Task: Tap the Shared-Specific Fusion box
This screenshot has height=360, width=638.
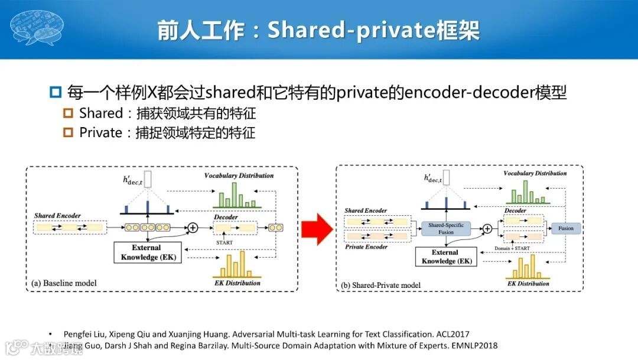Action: pyautogui.click(x=446, y=228)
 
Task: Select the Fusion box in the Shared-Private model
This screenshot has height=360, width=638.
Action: pyautogui.click(x=565, y=228)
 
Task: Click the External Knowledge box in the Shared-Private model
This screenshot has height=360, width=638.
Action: pyautogui.click(x=446, y=257)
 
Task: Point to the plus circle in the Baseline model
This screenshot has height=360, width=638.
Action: pyautogui.click(x=192, y=227)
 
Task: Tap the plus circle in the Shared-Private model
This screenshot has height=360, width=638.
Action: pyautogui.click(x=487, y=228)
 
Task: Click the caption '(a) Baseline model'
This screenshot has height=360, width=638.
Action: pyautogui.click(x=64, y=283)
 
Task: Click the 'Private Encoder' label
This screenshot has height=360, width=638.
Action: pyautogui.click(x=366, y=247)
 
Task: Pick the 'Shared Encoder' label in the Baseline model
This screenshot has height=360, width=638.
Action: pyautogui.click(x=57, y=215)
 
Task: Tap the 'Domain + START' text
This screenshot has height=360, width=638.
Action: pyautogui.click(x=511, y=248)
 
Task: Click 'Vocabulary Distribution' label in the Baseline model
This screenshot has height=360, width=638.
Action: pyautogui.click(x=239, y=176)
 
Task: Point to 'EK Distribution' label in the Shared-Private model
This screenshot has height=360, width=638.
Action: pyautogui.click(x=528, y=284)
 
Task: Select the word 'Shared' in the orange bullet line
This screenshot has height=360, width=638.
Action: pyautogui.click(x=100, y=113)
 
